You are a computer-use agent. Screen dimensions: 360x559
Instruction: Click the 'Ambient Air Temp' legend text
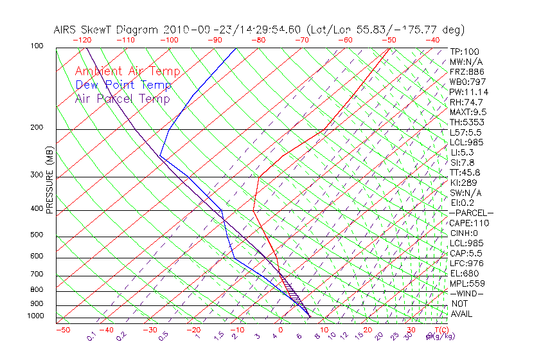click(x=128, y=71)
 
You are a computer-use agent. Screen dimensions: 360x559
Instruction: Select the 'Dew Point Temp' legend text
click(x=123, y=85)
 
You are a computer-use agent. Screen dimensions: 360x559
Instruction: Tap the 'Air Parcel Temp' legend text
click(x=122, y=98)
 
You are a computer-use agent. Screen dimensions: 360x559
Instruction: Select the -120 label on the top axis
click(x=82, y=40)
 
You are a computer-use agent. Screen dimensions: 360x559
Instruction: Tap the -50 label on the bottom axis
click(x=62, y=330)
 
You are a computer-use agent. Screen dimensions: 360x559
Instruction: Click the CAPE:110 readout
click(x=469, y=223)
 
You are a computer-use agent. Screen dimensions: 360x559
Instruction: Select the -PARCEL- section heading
click(x=471, y=213)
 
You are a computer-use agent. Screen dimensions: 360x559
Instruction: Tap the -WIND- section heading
click(x=466, y=293)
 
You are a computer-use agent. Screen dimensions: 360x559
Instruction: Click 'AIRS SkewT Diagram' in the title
click(x=107, y=30)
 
